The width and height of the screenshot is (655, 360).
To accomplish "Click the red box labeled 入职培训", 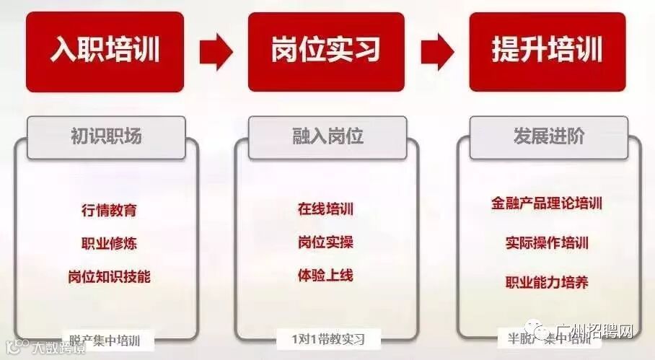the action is click(x=105, y=50).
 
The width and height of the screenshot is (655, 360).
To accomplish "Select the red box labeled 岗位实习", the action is click(x=326, y=50).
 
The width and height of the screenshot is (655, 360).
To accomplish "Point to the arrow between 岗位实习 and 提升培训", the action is click(x=437, y=51).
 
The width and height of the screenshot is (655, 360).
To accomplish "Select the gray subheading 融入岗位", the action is click(x=327, y=136).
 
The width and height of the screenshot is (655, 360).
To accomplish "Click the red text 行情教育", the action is click(x=109, y=211).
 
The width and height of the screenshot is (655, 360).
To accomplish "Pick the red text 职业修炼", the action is click(x=109, y=243).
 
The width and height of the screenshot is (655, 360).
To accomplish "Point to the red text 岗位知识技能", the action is click(x=109, y=276).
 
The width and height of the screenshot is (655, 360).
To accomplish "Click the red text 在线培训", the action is click(x=325, y=209).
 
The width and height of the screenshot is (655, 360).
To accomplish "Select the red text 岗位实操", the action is click(x=325, y=242).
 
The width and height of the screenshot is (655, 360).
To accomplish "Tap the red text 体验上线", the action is click(x=325, y=275).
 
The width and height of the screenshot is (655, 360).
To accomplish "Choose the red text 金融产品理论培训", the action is click(x=547, y=203).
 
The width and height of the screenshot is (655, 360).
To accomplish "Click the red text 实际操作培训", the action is click(x=547, y=242).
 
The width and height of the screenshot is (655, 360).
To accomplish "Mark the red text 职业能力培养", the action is click(x=547, y=281).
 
